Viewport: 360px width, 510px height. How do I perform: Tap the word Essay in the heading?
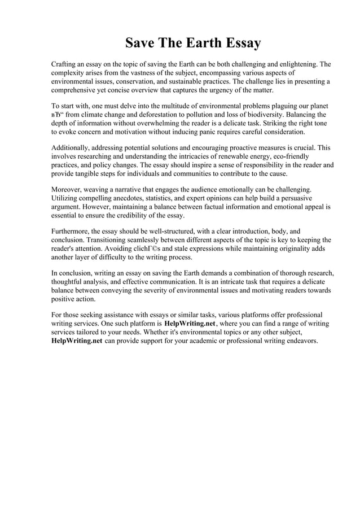pos(242,43)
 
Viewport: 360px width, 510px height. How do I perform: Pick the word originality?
pos(286,249)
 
